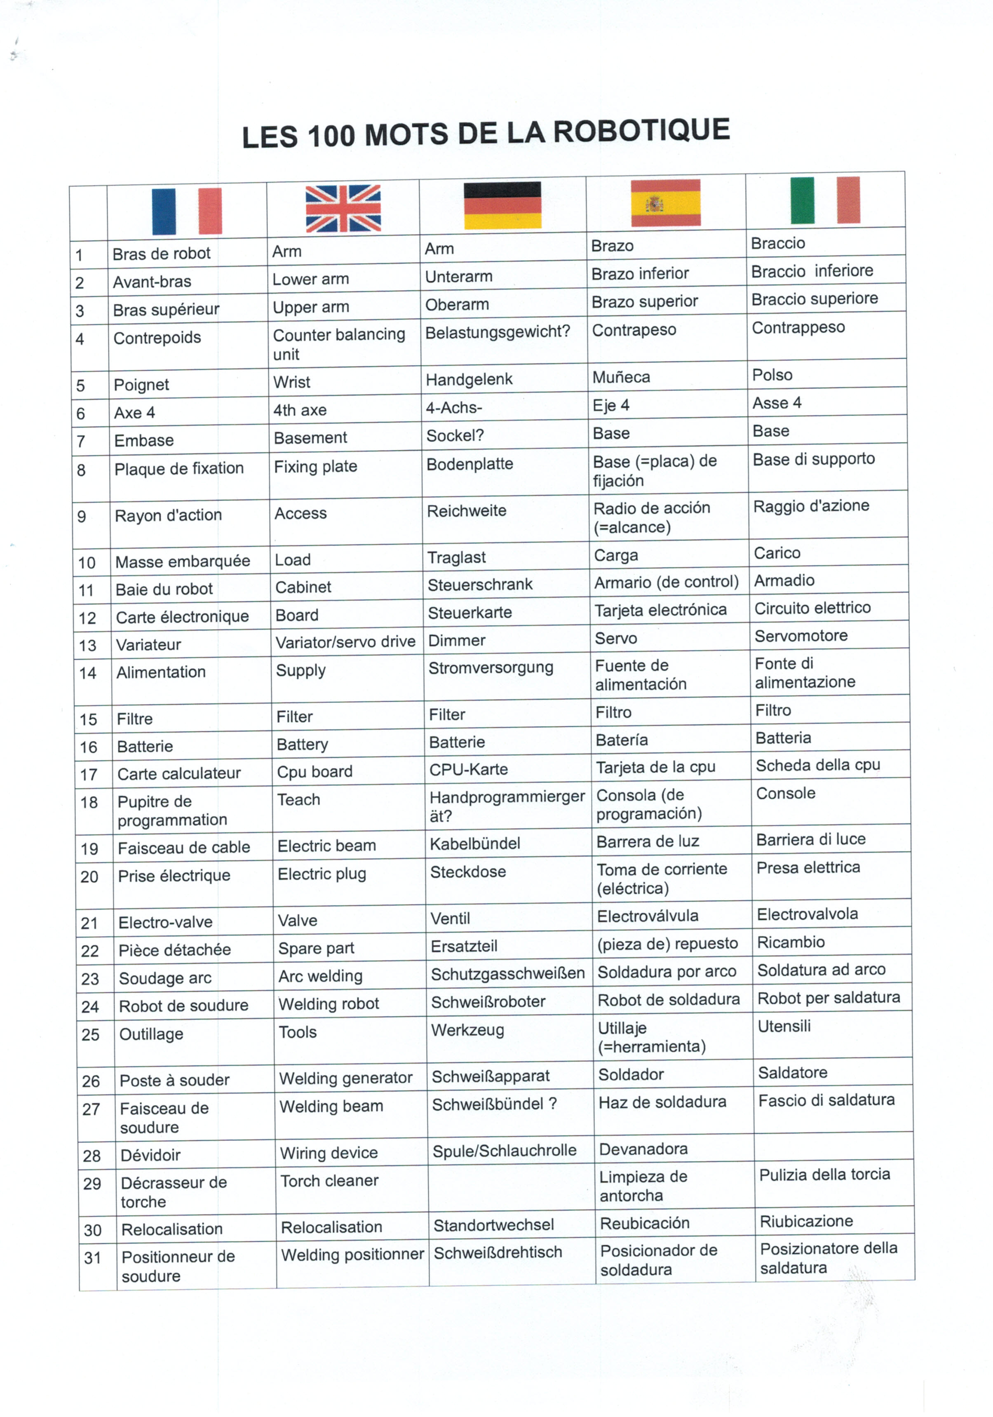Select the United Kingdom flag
tap(343, 208)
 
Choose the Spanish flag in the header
tap(665, 202)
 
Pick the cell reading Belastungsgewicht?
tap(498, 332)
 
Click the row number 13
tap(88, 646)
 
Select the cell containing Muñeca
tap(621, 377)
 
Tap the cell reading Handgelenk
tap(469, 379)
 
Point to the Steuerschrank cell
tap(480, 585)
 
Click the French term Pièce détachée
tap(175, 950)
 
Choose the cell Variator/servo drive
tap(345, 642)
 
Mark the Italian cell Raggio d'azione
tap(811, 506)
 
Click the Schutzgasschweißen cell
tap(507, 974)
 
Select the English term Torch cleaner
tap(330, 1181)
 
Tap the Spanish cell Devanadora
tap(643, 1149)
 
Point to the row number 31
tap(93, 1258)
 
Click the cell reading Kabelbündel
tap(474, 844)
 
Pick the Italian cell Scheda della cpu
tap(818, 765)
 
